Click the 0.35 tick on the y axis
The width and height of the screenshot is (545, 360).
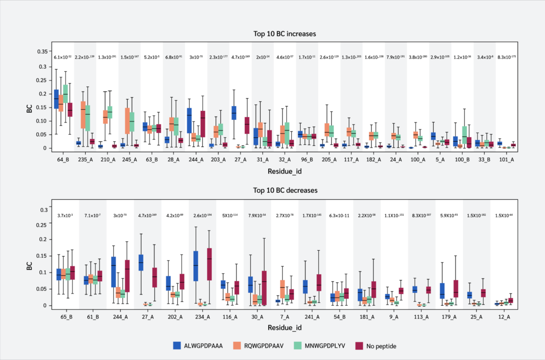(40, 52)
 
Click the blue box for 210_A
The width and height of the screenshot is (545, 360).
(101, 146)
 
